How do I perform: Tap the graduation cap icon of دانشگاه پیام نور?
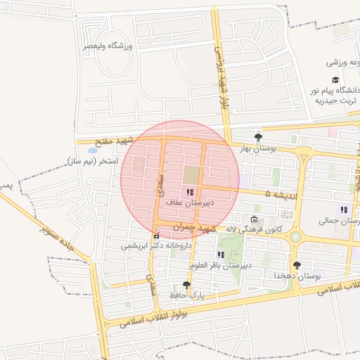coord(335,80)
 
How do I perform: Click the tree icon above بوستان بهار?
coord(259,137)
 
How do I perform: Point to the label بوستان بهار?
coord(259,148)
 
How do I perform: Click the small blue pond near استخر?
coord(92,149)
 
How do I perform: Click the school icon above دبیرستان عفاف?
coord(188,191)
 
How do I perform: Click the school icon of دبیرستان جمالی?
coord(344,210)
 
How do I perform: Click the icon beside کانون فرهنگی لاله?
coord(254,218)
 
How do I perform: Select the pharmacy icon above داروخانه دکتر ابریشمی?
coord(156,236)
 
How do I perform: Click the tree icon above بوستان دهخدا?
coord(297,265)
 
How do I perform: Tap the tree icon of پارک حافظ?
coord(186,285)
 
